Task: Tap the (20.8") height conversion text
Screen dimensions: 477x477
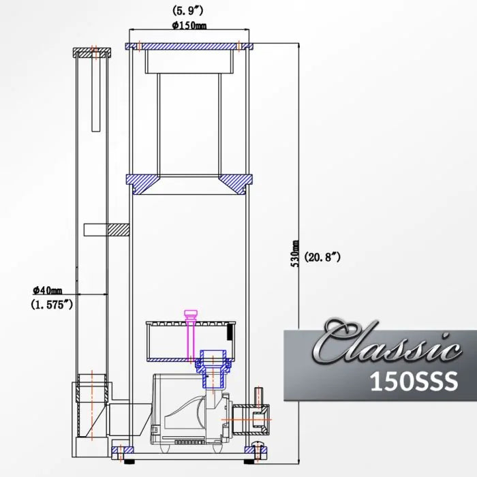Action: tap(322, 257)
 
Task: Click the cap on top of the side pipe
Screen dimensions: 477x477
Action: tap(91, 52)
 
